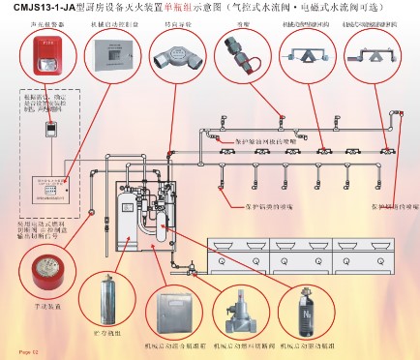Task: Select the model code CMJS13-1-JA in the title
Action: point(39,8)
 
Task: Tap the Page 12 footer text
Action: point(22,351)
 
